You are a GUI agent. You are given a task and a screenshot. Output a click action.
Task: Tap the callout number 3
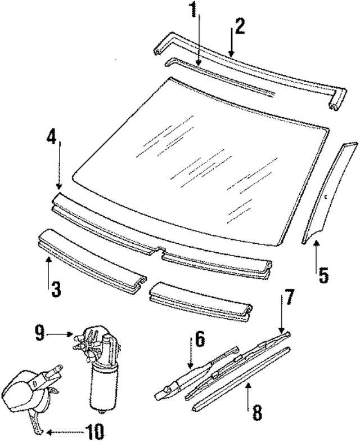click(55, 289)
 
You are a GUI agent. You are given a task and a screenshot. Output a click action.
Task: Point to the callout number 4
click(52, 137)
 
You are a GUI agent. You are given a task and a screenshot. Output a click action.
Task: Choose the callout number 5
click(323, 275)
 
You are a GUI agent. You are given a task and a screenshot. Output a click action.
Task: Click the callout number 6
click(199, 340)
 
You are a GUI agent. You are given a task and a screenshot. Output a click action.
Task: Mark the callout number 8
click(256, 413)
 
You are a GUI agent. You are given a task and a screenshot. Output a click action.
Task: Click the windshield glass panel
click(197, 163)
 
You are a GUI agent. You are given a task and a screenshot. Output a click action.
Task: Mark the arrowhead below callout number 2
click(231, 53)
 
